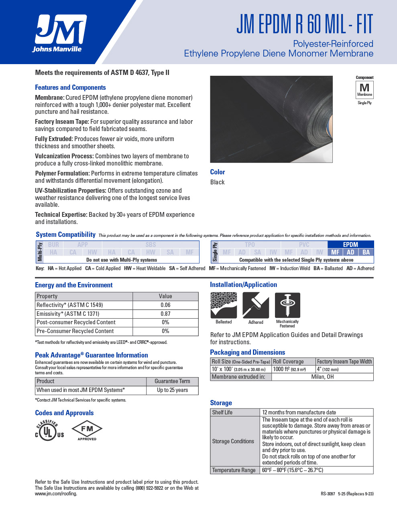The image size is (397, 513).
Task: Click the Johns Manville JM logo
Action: [60, 33]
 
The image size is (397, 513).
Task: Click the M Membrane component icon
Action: [364, 89]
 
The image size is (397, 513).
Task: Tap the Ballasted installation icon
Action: [224, 305]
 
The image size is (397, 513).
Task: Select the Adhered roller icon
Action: [256, 305]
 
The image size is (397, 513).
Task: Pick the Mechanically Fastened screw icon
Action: [287, 305]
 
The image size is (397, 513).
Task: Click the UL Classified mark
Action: [49, 430]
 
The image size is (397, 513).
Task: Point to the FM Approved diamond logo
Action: [87, 430]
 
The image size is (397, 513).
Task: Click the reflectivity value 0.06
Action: [165, 305]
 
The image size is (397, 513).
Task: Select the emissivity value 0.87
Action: [165, 314]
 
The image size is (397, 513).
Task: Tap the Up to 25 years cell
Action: [172, 390]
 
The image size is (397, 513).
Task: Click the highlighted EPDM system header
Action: [350, 244]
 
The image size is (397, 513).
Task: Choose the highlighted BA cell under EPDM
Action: [366, 252]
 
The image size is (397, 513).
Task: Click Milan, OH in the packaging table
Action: [322, 377]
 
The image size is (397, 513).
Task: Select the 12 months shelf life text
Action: [299, 412]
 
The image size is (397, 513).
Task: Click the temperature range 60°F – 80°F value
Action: [292, 470]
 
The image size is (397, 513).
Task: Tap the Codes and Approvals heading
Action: [64, 413]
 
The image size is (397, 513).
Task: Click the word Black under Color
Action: [217, 182]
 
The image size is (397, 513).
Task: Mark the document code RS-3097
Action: [328, 494]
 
